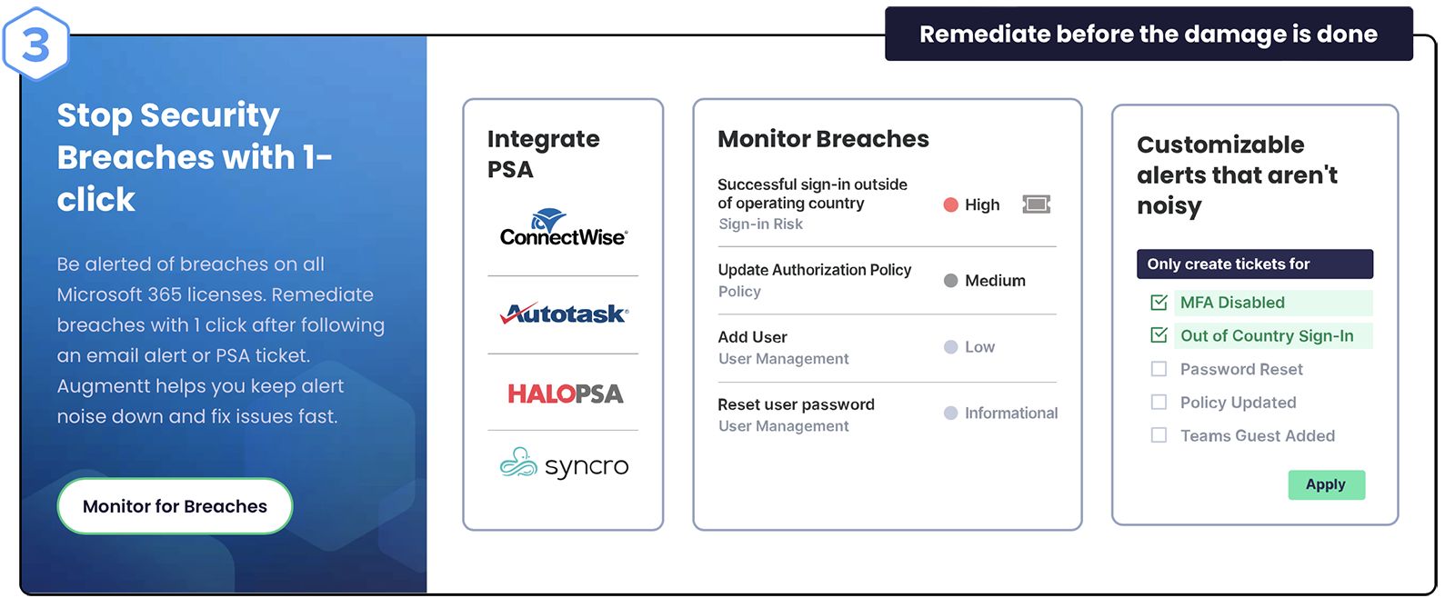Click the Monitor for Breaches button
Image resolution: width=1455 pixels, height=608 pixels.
175,506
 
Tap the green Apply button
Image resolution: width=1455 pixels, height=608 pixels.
1327,484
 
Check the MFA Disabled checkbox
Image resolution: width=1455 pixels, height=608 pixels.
1159,303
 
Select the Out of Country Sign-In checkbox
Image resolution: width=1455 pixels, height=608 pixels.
1159,335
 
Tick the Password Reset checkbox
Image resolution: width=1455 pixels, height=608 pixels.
1159,369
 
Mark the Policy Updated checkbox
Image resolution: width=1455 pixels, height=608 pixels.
1159,403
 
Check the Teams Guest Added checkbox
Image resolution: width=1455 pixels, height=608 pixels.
1159,435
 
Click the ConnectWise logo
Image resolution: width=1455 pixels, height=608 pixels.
564,228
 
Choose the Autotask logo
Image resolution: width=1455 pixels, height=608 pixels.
564,314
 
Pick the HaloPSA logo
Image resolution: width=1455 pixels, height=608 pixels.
565,394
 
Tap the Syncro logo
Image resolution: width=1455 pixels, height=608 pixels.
564,463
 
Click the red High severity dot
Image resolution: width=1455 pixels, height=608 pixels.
951,205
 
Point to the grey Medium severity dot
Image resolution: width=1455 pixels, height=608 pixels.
951,280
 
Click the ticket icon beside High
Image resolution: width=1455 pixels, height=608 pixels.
1037,204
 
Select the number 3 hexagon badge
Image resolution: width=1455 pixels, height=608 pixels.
35,45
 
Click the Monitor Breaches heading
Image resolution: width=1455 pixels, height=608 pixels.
823,139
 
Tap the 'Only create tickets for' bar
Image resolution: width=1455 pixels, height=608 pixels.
1255,264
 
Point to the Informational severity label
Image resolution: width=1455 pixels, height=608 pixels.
1011,413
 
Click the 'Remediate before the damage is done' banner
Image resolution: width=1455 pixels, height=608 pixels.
1149,34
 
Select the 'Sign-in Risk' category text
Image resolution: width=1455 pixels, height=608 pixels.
760,224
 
